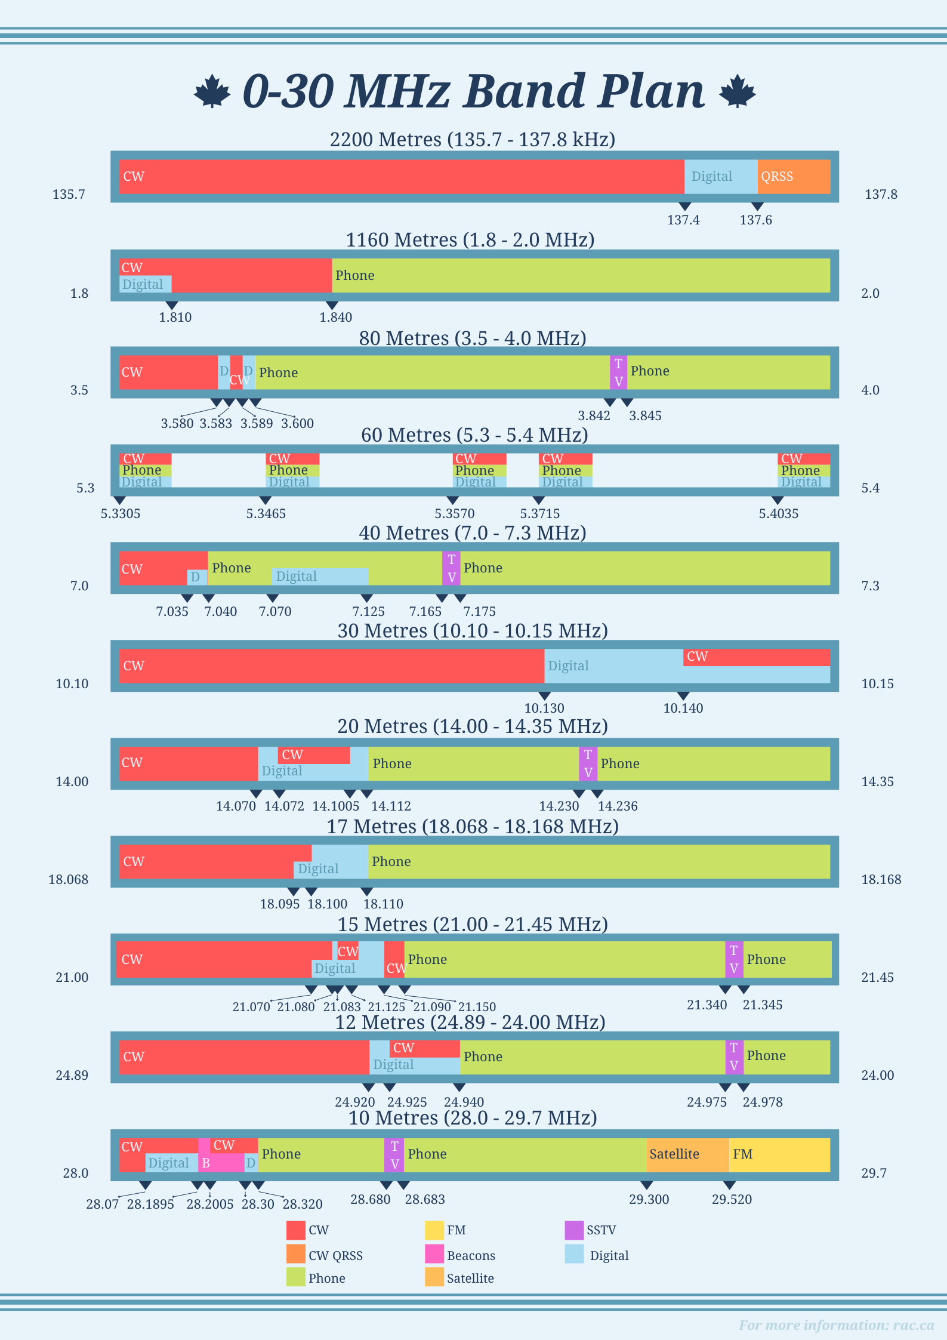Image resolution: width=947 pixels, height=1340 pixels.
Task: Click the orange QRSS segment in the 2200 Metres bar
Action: [794, 177]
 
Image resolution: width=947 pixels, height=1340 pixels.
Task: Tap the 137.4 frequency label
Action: [683, 220]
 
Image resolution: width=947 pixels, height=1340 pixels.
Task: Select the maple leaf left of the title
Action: [212, 92]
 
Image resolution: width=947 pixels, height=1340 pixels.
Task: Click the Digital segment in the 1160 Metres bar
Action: [145, 284]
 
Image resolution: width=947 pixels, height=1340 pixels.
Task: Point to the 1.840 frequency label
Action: [335, 318]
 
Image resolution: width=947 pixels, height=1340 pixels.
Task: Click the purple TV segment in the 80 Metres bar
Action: [618, 372]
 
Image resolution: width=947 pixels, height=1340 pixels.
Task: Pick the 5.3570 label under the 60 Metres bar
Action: [454, 514]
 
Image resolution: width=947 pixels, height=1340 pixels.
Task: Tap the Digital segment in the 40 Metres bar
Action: [320, 577]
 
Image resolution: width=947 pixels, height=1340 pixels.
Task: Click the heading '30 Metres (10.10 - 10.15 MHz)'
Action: [473, 631]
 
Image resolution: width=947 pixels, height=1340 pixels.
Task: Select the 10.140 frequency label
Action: [683, 708]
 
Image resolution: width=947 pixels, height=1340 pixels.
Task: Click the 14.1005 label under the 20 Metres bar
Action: [336, 806]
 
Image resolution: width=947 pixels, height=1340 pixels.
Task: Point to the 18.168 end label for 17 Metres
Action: [881, 880]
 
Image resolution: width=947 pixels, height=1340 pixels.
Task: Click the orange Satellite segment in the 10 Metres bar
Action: [687, 1154]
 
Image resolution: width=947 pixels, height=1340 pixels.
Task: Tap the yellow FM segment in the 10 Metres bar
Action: [779, 1154]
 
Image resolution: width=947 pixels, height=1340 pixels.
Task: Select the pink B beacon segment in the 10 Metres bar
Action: [220, 1163]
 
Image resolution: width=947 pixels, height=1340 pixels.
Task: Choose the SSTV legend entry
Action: [600, 1230]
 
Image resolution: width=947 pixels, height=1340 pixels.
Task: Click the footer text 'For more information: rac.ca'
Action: [836, 1325]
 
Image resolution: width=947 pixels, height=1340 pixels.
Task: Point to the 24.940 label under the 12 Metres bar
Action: [464, 1102]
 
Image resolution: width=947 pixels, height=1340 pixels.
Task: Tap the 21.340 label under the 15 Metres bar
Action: [707, 1005]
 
